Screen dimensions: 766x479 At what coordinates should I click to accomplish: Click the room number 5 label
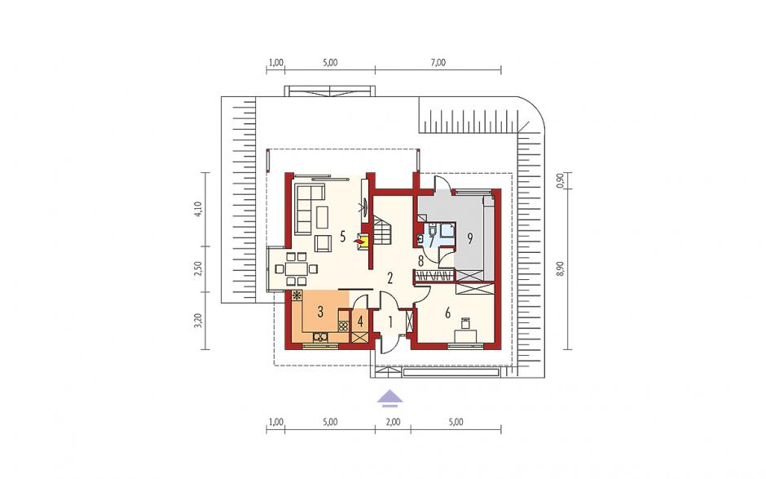(342, 237)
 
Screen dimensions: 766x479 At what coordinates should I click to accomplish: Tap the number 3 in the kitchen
(320, 312)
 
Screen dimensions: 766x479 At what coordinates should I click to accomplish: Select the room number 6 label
(447, 313)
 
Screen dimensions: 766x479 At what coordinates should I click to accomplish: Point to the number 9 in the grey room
(470, 239)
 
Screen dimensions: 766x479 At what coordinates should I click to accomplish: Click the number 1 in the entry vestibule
(390, 322)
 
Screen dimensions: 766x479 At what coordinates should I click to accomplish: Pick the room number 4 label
(360, 322)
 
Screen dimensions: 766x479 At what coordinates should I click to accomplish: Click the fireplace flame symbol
(359, 241)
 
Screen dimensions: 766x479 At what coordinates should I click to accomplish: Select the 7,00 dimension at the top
(438, 63)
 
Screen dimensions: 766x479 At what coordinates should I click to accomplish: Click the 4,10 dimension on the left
(198, 209)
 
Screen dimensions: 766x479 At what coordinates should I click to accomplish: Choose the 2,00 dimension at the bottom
(393, 422)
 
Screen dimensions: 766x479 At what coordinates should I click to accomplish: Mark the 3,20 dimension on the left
(198, 321)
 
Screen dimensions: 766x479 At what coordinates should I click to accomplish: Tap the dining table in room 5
(295, 268)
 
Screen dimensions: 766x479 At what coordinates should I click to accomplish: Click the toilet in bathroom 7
(421, 238)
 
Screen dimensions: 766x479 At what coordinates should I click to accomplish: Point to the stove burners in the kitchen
(343, 325)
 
